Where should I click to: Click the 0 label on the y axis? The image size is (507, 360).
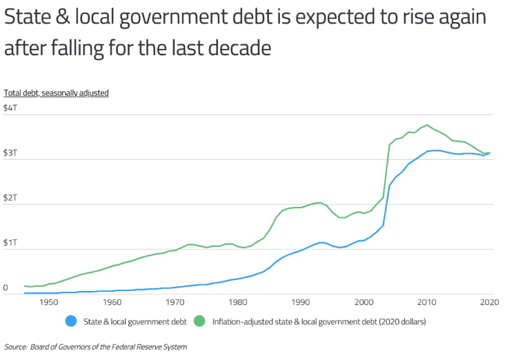coord(6,288)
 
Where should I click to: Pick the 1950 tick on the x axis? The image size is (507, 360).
coord(49,302)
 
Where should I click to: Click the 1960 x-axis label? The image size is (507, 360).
coord(112,302)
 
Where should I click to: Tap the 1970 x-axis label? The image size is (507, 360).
coord(175,302)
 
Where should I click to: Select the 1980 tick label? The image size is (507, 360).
coord(238,302)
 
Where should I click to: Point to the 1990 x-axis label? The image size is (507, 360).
coord(301,302)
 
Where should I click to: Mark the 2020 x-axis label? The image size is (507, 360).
coord(489,302)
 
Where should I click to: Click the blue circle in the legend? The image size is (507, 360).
coord(71,321)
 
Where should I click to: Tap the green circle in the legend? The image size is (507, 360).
coord(201,321)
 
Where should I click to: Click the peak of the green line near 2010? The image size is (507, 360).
coord(428,125)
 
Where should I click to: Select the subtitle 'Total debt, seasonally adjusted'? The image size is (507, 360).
coord(57,92)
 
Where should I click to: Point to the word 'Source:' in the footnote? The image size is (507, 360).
coord(16,347)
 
